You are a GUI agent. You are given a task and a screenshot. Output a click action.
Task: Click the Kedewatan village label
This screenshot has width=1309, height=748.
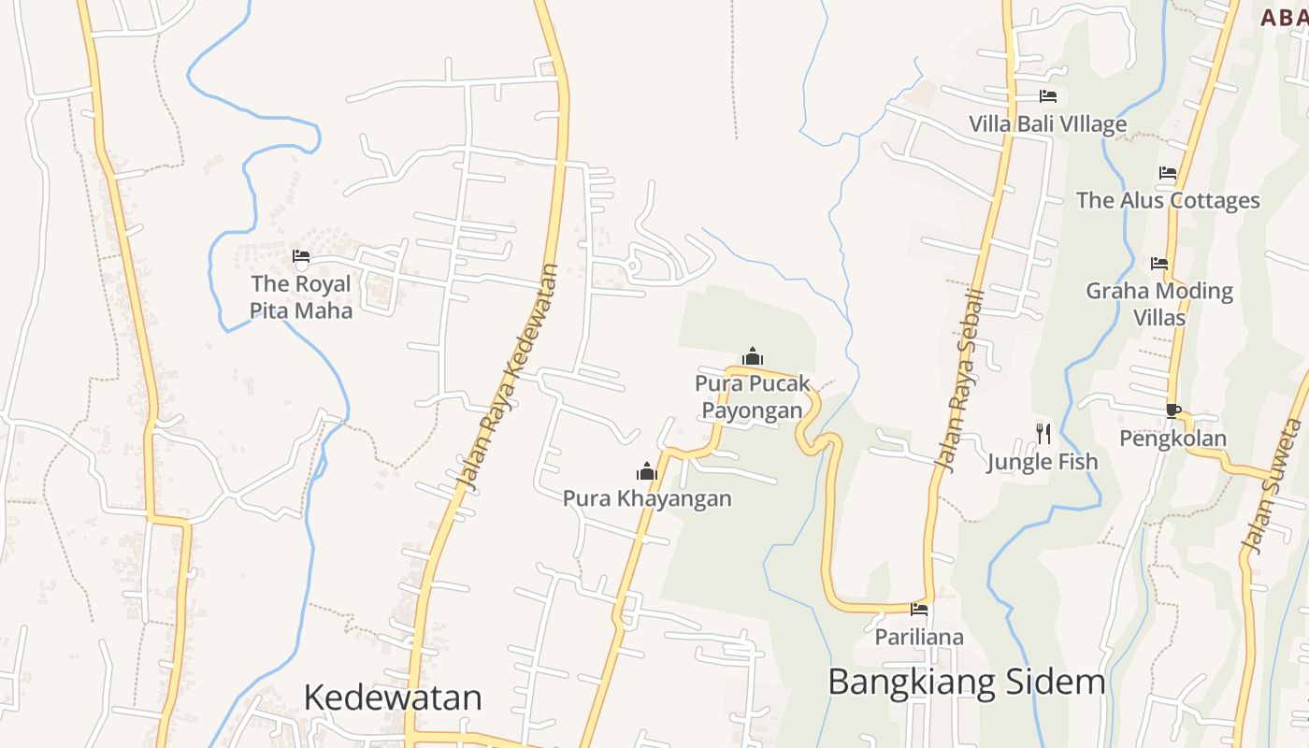(393, 698)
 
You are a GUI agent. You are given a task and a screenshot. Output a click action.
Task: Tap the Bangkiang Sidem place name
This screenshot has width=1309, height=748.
(967, 682)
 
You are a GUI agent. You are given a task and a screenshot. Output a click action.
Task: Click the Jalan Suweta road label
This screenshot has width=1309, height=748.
(1273, 486)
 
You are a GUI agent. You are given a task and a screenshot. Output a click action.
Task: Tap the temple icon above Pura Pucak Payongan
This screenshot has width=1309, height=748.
(753, 356)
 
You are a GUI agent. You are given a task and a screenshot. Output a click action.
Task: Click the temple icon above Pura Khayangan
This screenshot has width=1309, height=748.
(647, 471)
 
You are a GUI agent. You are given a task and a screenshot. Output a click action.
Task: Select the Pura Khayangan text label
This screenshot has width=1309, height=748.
(647, 498)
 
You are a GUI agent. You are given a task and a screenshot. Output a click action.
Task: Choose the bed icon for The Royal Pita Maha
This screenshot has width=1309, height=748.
(301, 256)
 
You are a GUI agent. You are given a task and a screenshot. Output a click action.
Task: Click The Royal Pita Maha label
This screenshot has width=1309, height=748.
(301, 297)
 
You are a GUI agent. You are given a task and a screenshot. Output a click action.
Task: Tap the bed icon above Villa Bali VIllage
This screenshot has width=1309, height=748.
(1048, 96)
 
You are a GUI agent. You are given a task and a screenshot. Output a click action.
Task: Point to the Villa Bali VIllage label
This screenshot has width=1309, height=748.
(1047, 124)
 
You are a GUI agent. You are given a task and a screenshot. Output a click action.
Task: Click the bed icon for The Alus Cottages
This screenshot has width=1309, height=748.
(1168, 173)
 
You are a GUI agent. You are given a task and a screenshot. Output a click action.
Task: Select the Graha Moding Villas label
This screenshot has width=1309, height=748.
(1159, 304)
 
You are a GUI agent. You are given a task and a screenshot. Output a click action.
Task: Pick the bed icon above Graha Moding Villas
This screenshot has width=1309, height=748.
(1159, 264)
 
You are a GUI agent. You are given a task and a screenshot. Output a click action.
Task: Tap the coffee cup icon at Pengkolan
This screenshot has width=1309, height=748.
(1173, 410)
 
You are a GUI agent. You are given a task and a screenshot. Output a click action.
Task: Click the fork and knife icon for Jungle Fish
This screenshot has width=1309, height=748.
(1043, 433)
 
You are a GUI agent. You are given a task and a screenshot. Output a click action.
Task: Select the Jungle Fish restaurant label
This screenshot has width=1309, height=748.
(1043, 462)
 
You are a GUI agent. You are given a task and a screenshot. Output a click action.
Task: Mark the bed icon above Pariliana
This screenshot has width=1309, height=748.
(920, 611)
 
